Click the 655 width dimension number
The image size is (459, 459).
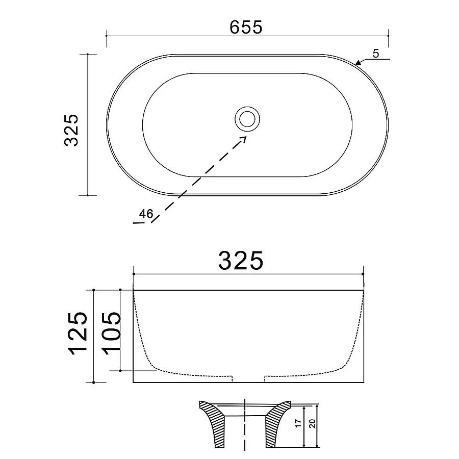(246, 27)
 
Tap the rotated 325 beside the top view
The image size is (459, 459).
(71, 130)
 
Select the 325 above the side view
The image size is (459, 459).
(241, 260)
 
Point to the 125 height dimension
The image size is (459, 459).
(78, 334)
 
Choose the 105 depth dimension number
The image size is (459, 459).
(111, 334)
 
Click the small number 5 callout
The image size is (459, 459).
(376, 54)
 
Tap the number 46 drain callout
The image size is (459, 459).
(146, 214)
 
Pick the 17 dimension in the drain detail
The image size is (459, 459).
(298, 423)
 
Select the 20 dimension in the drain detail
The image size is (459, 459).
(312, 423)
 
